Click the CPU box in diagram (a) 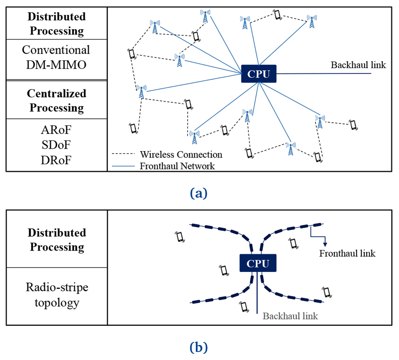tap(259, 74)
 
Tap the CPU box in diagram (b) tap(258, 263)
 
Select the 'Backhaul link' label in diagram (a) tap(358, 65)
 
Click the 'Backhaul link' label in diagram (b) tap(290, 316)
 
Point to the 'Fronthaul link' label tap(348, 253)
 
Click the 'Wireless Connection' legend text tap(181, 154)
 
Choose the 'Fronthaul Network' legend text tap(177, 166)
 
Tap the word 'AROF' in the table tap(56, 130)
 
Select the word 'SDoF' tap(56, 145)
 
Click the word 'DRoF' tap(56, 160)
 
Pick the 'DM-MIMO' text tap(56, 65)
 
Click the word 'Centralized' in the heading tap(57, 93)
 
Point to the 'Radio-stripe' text tap(57, 287)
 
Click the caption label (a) tap(199, 193)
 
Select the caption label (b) tap(199, 347)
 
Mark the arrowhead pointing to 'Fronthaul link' tap(325, 244)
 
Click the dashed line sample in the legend tap(123, 154)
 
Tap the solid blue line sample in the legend tap(123, 166)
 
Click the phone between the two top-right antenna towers tap(278, 15)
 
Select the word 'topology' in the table tap(57, 303)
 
